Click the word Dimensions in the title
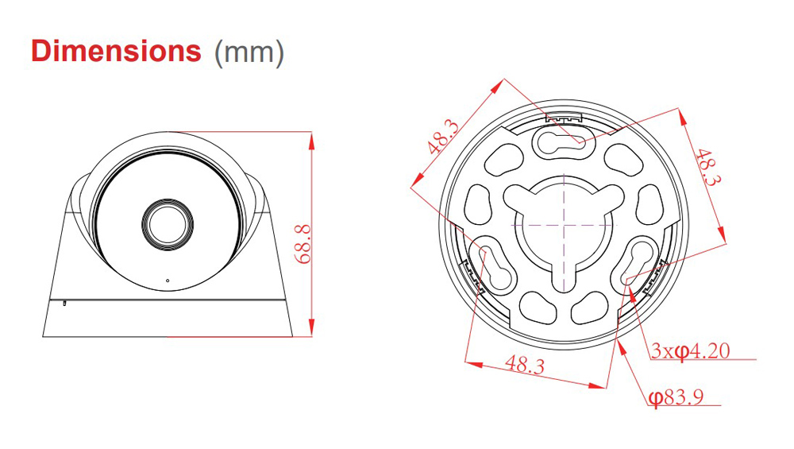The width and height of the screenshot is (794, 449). [115, 50]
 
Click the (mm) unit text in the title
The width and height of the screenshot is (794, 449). [249, 52]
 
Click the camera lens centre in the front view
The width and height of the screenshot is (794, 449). [166, 220]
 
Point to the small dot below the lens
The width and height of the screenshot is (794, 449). [168, 281]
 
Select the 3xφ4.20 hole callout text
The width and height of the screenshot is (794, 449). [690, 350]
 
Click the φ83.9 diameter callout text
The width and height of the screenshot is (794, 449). [676, 397]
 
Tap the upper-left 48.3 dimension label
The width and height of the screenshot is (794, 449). [441, 136]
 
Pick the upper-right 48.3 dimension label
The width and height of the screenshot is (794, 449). [707, 168]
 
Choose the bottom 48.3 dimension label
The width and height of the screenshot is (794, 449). [525, 366]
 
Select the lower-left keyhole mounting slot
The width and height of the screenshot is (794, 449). [495, 269]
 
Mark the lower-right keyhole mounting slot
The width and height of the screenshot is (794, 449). [630, 269]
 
